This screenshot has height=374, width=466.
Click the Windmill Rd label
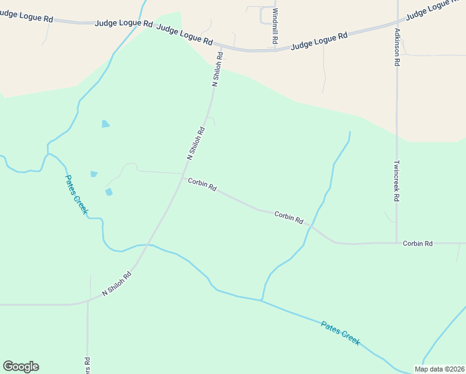pos(275,26)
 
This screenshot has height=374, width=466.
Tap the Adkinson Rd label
pos(397,46)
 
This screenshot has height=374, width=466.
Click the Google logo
pos(21,367)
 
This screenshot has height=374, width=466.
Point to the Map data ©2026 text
pos(439,369)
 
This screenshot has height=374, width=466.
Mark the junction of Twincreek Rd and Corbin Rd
pos(397,242)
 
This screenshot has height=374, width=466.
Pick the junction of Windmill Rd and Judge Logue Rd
pos(275,49)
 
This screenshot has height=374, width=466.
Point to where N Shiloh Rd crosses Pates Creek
pos(147,245)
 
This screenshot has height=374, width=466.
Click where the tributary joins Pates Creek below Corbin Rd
pos(262,300)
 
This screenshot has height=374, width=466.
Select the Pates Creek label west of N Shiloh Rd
pos(77,194)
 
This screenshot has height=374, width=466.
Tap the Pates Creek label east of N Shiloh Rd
pos(340,333)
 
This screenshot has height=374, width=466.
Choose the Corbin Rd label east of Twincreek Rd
pos(417,243)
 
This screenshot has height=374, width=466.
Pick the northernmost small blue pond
pos(105,123)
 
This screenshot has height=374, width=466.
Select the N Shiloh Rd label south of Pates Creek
pos(118,284)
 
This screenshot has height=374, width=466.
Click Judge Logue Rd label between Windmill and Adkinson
pos(319,41)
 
